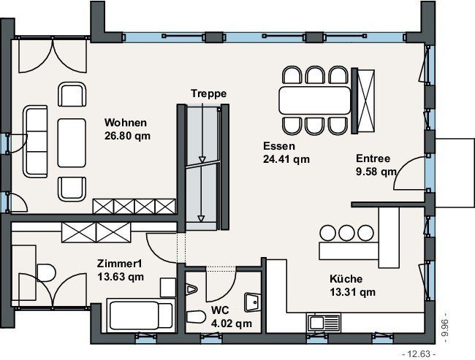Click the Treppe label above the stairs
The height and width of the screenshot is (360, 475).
pos(208,93)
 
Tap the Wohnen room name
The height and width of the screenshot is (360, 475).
pos(126,123)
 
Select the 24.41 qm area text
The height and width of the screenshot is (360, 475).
pos(286,159)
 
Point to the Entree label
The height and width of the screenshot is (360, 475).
pos(373,158)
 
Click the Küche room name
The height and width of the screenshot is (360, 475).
pos(346,278)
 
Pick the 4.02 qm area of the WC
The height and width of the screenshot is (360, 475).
pos(232,323)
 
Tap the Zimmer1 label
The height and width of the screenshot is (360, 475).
pos(119,264)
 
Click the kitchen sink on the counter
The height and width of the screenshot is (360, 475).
pos(324,323)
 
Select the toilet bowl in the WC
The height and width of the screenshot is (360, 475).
pos(197,317)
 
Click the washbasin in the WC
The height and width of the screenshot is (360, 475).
pos(253,302)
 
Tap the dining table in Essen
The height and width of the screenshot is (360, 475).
pos(315,100)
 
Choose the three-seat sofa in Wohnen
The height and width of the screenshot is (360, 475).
pos(36,142)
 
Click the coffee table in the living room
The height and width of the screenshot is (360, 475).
pos(72,143)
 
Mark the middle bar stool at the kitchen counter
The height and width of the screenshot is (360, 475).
pos(346,233)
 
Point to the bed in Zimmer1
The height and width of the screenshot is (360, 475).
pos(141,315)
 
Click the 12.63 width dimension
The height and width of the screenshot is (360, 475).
pos(419,353)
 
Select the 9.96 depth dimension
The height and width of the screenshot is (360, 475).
pos(445,328)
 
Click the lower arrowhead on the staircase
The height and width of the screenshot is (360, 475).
pos(200,218)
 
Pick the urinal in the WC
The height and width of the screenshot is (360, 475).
pos(191,289)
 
